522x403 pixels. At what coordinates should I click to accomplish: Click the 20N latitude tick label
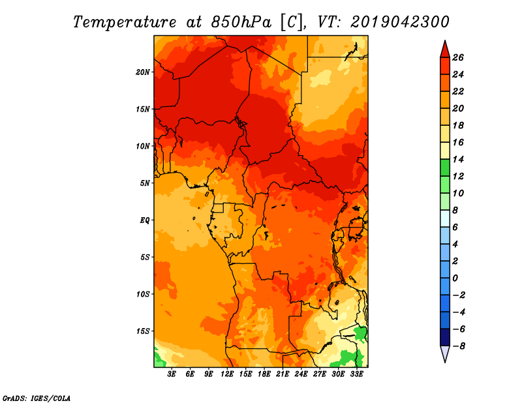[x=143, y=72]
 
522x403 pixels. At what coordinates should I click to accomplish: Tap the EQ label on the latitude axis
[x=144, y=220]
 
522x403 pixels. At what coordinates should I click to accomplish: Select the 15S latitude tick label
[x=143, y=331]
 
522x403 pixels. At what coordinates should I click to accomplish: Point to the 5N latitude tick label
[x=145, y=183]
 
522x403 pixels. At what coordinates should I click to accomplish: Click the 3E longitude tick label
[x=172, y=374]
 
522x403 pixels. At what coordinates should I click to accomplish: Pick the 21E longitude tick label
[x=283, y=374]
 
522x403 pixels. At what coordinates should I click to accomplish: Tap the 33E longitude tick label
[x=356, y=374]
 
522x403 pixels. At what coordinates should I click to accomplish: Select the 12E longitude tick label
[x=227, y=374]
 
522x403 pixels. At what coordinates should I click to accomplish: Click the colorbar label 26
[x=458, y=57]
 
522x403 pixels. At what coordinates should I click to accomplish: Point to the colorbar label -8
[x=459, y=346]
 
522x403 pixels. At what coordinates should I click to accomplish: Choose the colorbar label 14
[x=458, y=159]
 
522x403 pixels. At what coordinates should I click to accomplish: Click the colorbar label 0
[x=455, y=278]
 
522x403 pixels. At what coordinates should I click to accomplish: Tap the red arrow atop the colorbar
[x=445, y=50]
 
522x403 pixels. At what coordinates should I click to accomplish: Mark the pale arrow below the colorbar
[x=445, y=353]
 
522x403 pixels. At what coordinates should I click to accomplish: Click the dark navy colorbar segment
[x=445, y=337]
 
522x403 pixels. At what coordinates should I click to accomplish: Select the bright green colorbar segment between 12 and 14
[x=445, y=168]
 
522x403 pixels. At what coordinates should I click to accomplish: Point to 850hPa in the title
[x=241, y=22]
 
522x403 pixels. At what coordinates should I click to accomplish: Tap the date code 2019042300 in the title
[x=400, y=22]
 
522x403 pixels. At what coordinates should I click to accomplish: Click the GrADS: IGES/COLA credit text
[x=37, y=398]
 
